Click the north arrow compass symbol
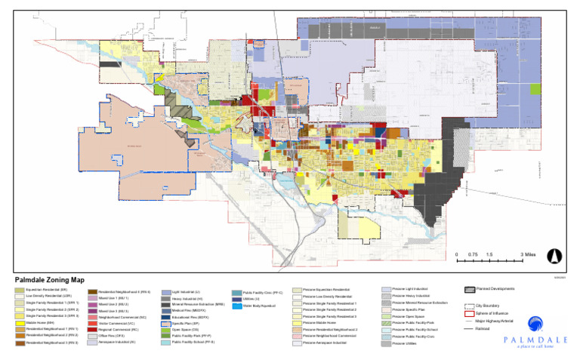pyautogui.click(x=554, y=257)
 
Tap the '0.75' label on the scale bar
pyautogui.click(x=472, y=254)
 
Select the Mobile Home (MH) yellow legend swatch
pyautogui.click(x=20, y=323)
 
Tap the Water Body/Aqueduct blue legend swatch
pyautogui.click(x=237, y=306)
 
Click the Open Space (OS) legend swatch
pyautogui.click(x=165, y=331)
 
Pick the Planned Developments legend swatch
pyautogui.click(x=469, y=289)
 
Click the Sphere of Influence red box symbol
pyautogui.click(x=469, y=313)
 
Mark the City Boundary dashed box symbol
pyautogui.click(x=469, y=306)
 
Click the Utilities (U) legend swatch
pyautogui.click(x=237, y=299)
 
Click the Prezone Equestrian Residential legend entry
pyautogui.click(x=325, y=290)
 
